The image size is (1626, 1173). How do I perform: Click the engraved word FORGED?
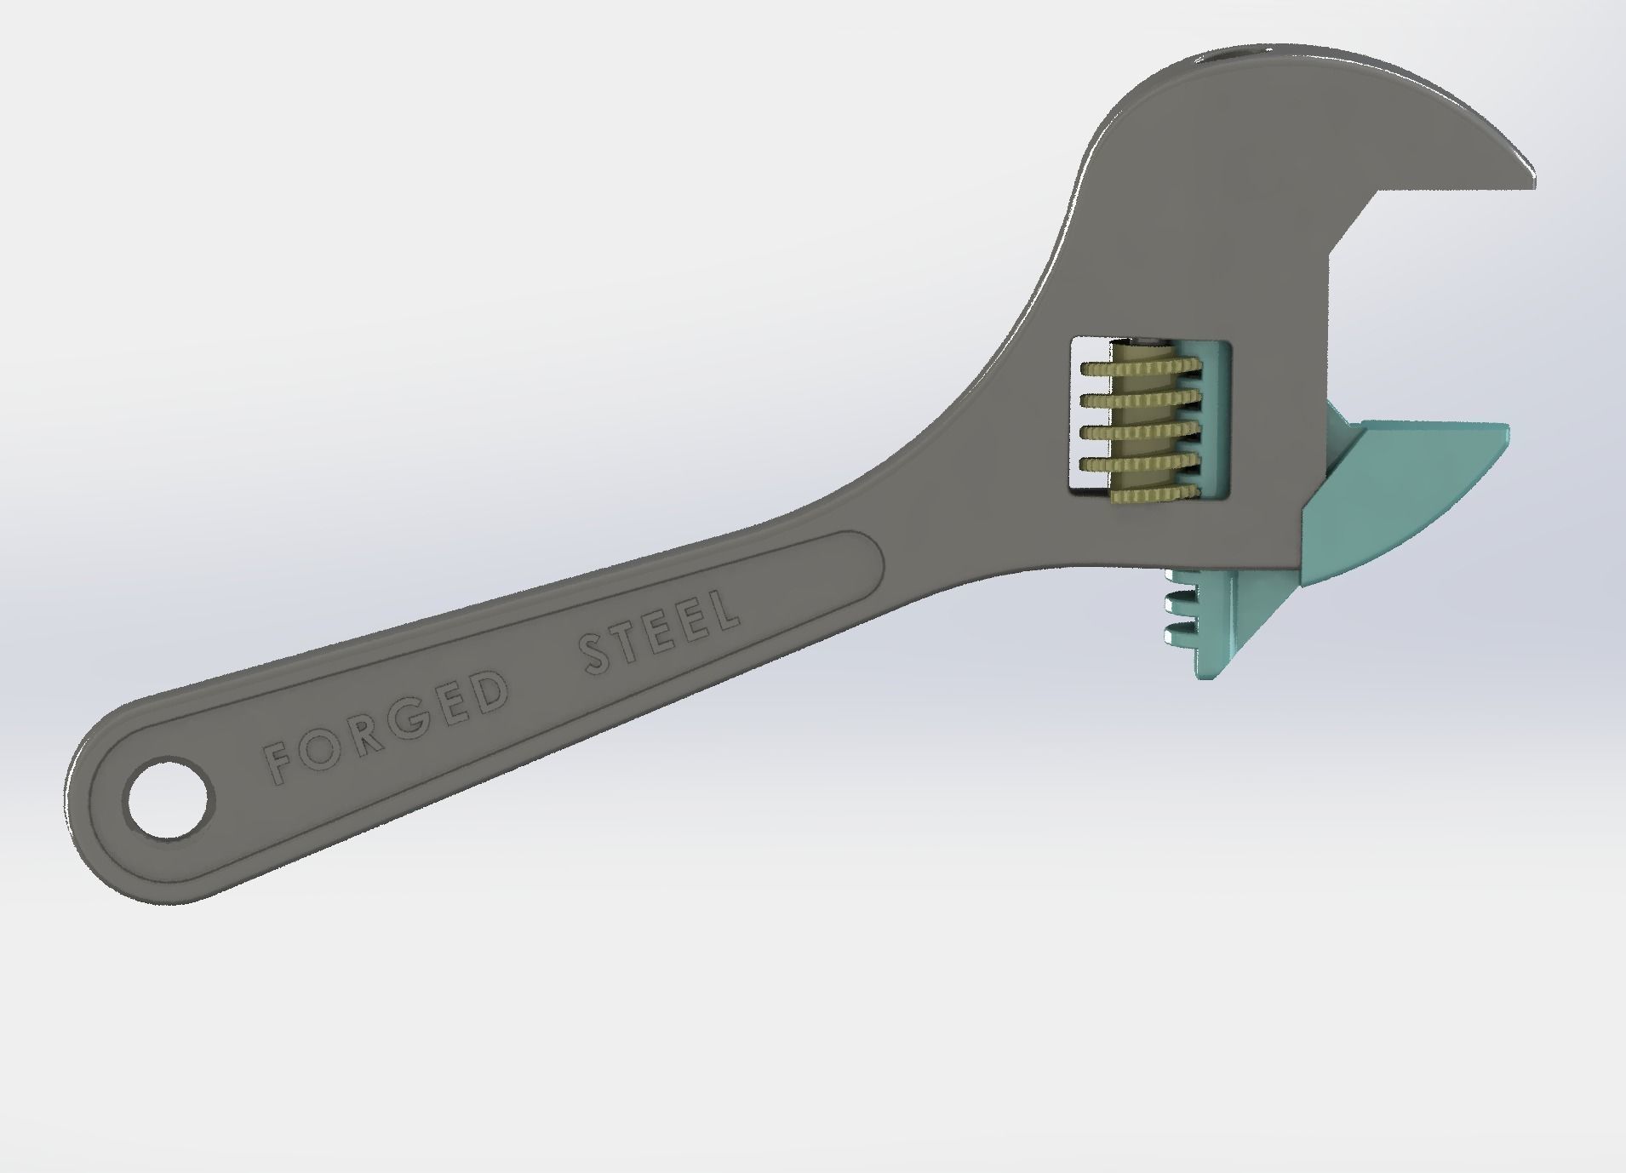point(385,725)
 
